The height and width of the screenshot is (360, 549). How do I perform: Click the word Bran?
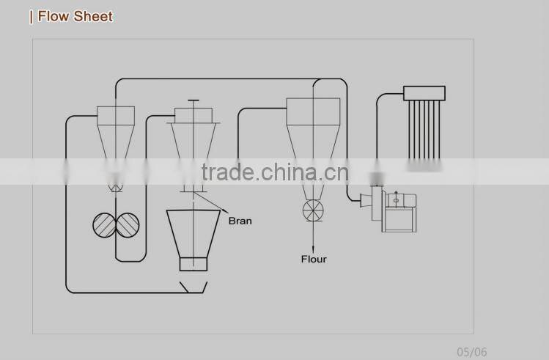[240, 221]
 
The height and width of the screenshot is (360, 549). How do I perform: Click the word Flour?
[314, 259]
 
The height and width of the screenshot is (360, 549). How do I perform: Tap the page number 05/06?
[472, 352]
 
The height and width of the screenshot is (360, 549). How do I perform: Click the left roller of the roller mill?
[105, 225]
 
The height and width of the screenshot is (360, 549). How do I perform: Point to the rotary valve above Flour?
[313, 212]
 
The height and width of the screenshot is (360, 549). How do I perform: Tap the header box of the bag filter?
[424, 93]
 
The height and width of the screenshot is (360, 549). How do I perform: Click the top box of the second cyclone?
[193, 114]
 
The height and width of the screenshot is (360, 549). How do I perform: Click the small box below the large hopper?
[194, 264]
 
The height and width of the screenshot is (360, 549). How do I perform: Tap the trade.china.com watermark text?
[275, 172]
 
